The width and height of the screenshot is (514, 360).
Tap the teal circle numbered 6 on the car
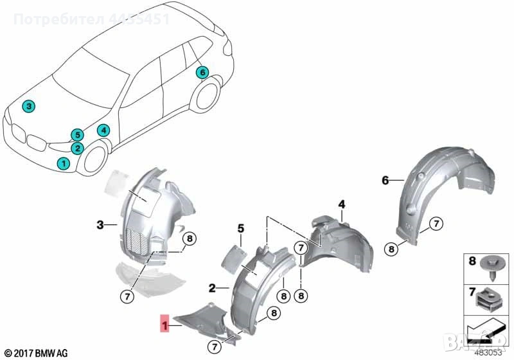point(202,72)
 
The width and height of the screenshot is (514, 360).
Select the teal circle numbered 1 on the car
point(63,163)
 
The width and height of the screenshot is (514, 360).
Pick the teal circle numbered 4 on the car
point(103,130)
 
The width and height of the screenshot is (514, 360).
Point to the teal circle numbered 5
point(77,135)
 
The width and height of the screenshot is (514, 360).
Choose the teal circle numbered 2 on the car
point(77,148)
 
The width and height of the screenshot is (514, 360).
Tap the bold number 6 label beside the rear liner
point(385,181)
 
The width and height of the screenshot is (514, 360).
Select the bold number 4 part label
point(342,204)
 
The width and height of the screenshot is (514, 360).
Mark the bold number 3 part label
point(100,224)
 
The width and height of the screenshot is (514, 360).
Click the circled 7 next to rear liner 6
point(436,224)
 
